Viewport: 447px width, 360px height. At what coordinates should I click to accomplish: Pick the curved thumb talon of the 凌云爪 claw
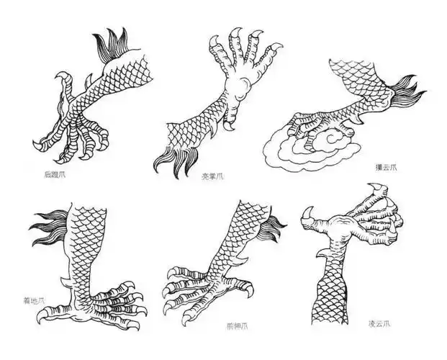(311, 215)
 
